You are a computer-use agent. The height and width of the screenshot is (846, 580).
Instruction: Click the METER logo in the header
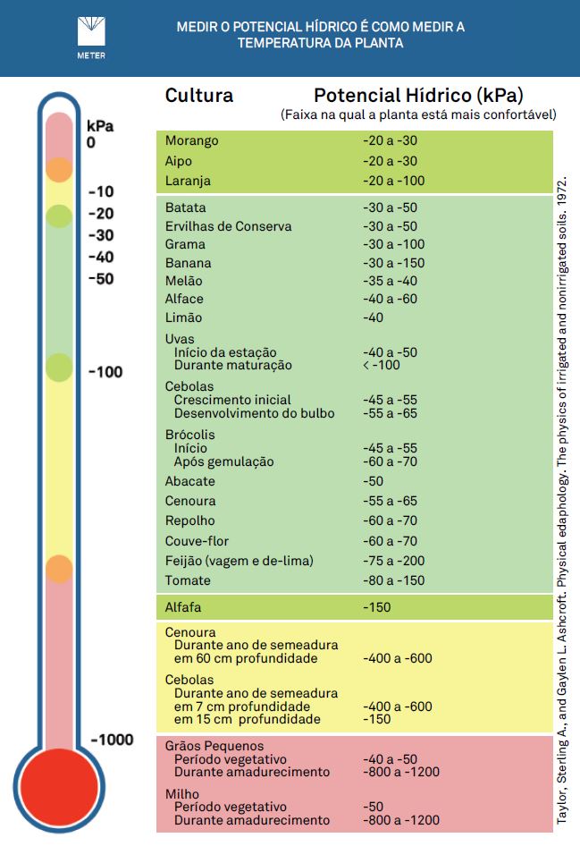tap(91, 38)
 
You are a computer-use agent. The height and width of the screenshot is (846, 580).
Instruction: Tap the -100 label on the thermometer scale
tap(105, 372)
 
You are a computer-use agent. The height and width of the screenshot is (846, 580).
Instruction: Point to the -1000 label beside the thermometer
tap(112, 740)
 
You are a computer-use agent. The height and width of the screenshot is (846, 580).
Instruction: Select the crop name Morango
tap(191, 140)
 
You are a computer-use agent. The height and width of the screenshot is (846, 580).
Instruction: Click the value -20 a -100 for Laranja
tap(393, 181)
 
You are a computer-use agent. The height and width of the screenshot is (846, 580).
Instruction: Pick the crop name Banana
tap(189, 263)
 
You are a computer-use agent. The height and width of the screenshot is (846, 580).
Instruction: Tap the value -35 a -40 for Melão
tap(390, 281)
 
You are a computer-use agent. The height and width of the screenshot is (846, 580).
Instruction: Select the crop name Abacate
tap(189, 481)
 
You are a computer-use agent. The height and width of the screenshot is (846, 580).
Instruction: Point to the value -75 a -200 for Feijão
tap(393, 561)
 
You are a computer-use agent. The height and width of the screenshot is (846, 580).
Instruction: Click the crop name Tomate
tap(188, 580)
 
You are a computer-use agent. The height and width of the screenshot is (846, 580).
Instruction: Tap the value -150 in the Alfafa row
tap(376, 607)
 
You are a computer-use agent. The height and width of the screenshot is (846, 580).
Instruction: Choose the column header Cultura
tap(199, 96)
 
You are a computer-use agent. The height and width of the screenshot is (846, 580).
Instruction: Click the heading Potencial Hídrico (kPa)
tap(418, 96)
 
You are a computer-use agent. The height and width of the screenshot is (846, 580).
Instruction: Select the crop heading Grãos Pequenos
tap(214, 746)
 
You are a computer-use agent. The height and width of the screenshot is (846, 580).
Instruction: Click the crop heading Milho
tap(181, 793)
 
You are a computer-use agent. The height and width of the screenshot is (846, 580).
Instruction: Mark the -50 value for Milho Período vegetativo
tap(373, 807)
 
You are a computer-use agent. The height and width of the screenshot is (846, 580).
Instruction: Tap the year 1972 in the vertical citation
tap(561, 190)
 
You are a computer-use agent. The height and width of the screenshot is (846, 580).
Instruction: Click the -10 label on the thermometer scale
tap(101, 191)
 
